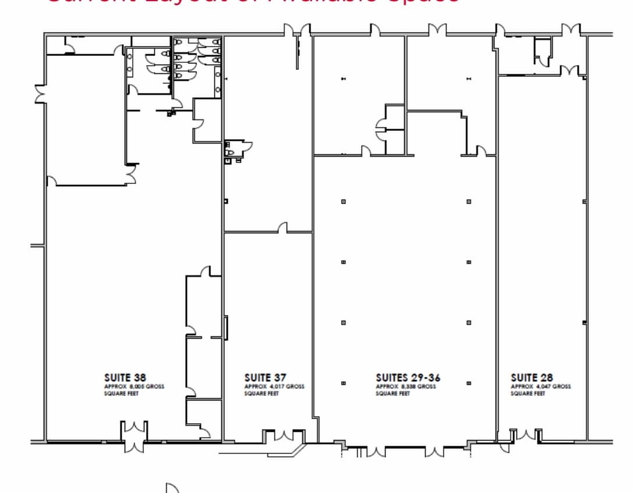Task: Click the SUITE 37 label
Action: point(265,378)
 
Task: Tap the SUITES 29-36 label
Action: point(408,378)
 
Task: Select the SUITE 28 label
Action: point(532,378)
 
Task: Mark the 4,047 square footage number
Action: point(543,386)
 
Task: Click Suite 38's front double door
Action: point(135,437)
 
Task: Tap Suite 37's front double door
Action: point(284,437)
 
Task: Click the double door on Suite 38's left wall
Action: point(41,94)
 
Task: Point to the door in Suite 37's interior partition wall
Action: point(283,228)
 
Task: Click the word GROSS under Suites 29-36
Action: point(427,386)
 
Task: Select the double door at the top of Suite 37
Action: point(297,31)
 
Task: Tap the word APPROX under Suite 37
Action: point(255,386)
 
